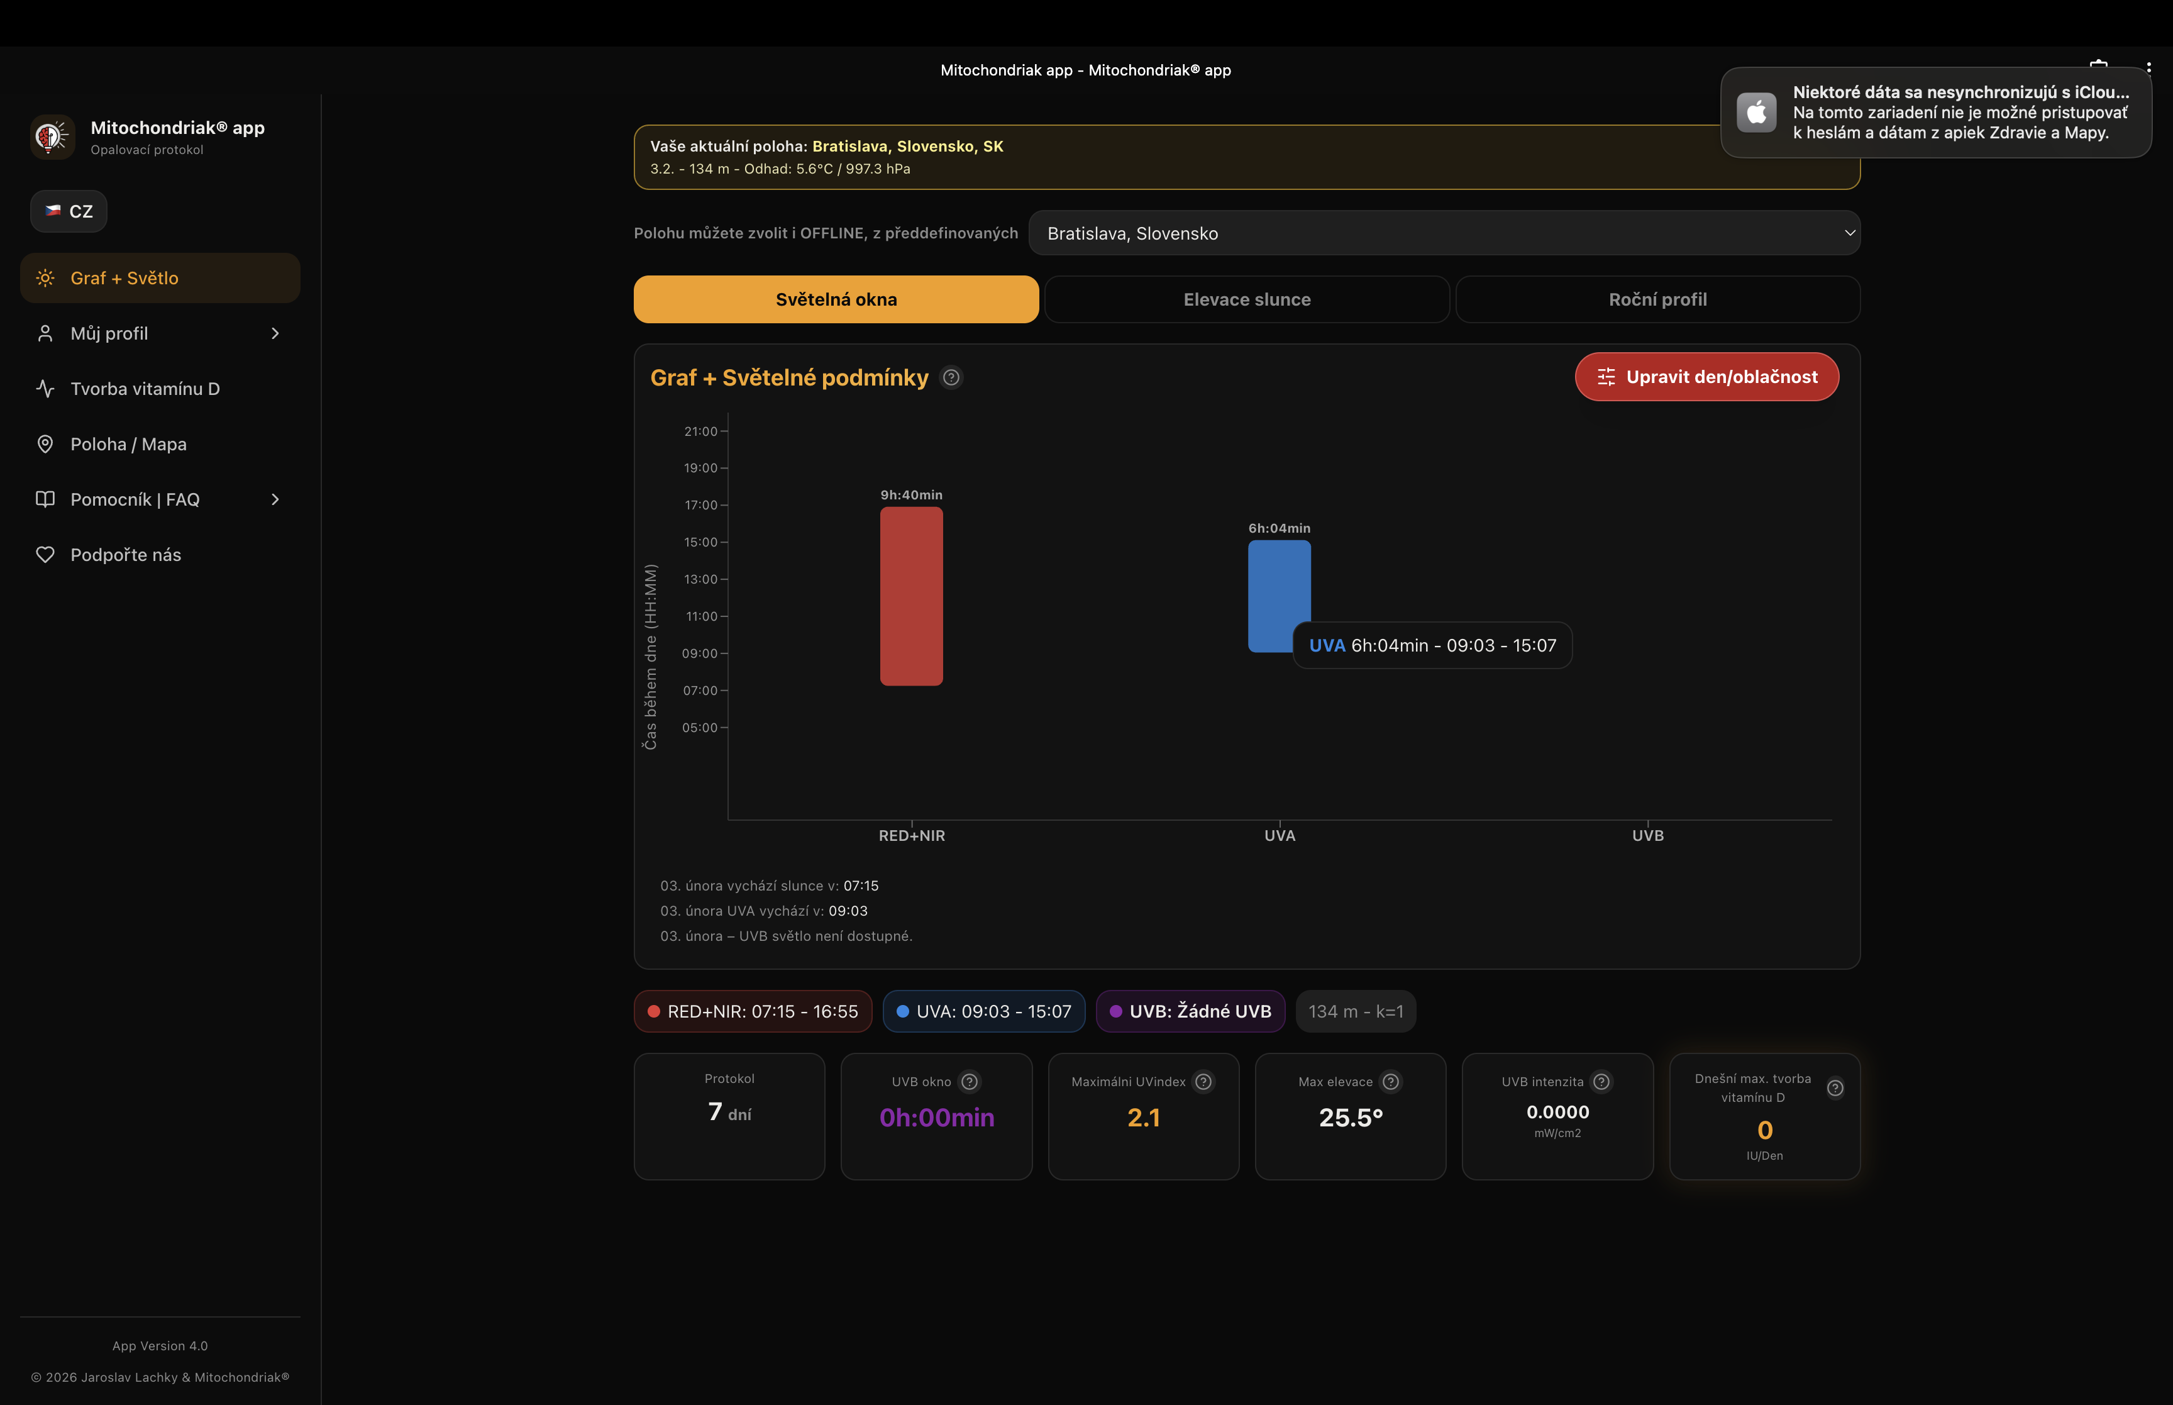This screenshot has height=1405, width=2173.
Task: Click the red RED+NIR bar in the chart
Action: coord(911,596)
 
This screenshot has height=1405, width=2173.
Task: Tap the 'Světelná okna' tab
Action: coord(835,299)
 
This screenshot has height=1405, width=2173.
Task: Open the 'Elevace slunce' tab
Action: coord(1247,299)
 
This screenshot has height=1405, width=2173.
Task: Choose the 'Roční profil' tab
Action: coord(1657,299)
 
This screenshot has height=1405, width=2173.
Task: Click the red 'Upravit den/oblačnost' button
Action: coord(1706,377)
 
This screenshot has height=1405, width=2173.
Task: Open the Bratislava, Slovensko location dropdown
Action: coord(1444,233)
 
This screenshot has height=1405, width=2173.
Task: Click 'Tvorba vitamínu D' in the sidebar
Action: coord(145,389)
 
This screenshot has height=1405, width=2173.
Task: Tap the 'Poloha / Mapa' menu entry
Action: coord(128,444)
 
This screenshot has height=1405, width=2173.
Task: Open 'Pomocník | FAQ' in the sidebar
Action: coord(135,500)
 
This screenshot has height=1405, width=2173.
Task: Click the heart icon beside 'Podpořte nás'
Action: coord(45,555)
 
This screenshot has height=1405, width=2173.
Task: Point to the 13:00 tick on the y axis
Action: coord(701,579)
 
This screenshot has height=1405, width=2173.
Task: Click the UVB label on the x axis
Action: coord(1647,836)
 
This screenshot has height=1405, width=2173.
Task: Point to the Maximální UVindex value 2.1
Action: coord(1144,1118)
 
